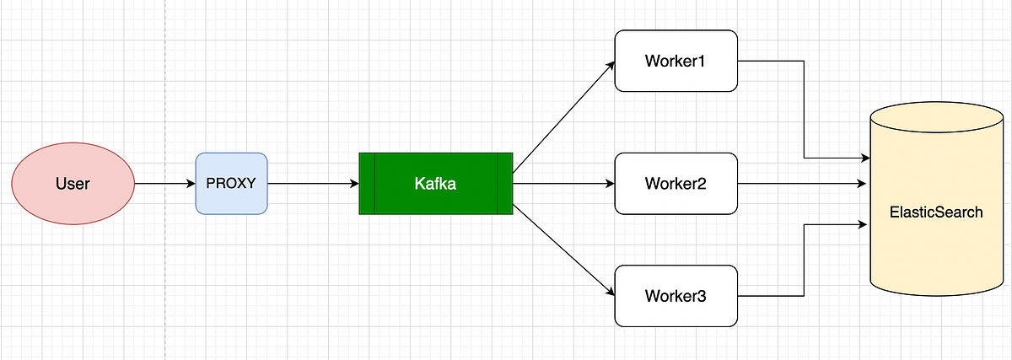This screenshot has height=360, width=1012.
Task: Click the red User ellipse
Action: tap(73, 183)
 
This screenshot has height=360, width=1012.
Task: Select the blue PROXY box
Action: tap(231, 183)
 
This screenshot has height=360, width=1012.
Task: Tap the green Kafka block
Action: tap(435, 183)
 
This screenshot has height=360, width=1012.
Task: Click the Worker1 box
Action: tap(676, 61)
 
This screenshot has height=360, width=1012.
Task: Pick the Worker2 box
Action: tap(676, 183)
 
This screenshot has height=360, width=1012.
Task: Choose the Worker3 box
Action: tap(676, 296)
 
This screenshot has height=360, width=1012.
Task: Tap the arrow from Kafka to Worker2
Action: tap(563, 183)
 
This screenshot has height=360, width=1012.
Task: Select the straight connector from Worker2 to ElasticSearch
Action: tap(801, 183)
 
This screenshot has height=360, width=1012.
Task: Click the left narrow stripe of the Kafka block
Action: tap(367, 183)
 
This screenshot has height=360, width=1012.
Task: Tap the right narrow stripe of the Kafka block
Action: tap(504, 183)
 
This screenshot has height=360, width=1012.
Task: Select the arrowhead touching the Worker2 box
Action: tap(610, 183)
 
